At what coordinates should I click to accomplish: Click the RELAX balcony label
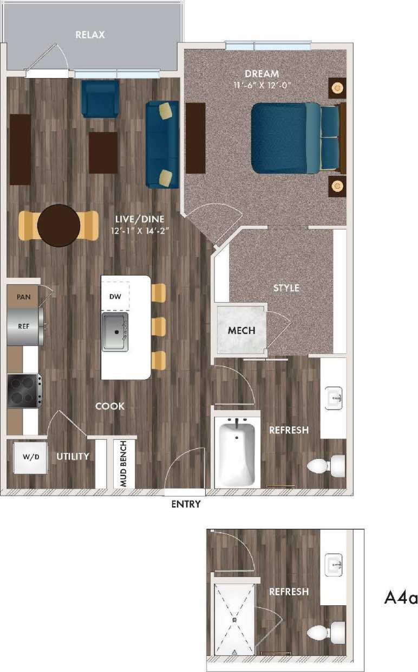90,35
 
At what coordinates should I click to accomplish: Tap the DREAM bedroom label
262,74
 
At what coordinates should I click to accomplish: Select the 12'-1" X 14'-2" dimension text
140,229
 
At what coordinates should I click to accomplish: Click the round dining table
59,225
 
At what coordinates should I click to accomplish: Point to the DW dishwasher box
116,297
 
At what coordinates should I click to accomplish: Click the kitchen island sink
115,331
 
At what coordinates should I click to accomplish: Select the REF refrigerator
24,327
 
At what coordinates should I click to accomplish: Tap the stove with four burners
23,391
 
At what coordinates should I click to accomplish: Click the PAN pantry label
23,297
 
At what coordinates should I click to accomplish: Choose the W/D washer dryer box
30,457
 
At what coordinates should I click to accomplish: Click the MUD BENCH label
123,464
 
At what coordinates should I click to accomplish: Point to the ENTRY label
186,504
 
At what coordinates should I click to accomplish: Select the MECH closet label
241,330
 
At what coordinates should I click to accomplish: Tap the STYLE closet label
286,288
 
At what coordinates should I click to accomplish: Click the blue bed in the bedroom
287,138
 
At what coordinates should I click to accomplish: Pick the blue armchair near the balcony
100,99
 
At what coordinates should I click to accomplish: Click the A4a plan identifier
401,598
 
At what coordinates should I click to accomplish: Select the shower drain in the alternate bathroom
234,619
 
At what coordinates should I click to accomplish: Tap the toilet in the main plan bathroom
326,465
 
